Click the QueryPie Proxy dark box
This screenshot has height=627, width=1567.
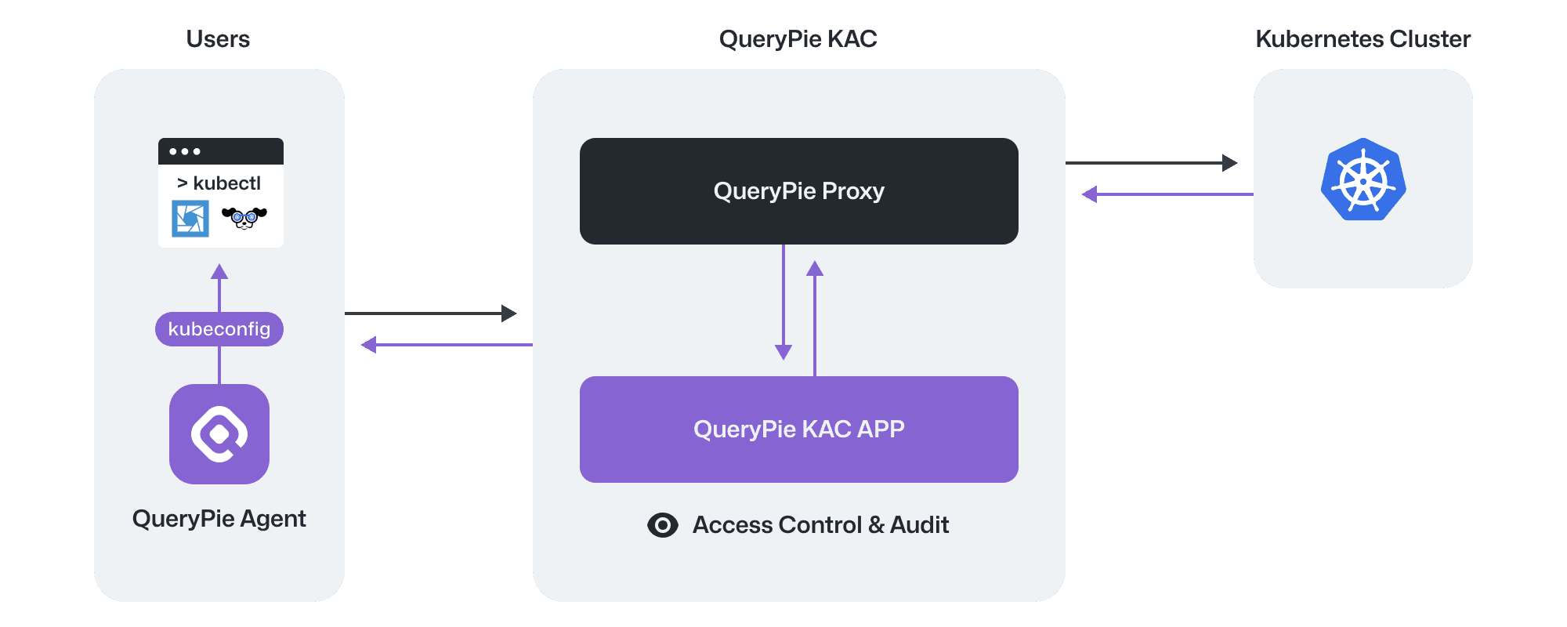pyautogui.click(x=798, y=191)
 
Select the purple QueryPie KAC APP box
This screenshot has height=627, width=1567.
pyautogui.click(x=798, y=429)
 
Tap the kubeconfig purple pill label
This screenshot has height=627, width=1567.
pyautogui.click(x=219, y=329)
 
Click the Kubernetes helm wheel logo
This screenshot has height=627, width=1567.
pyautogui.click(x=1363, y=179)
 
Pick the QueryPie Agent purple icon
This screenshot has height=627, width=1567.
pyautogui.click(x=219, y=434)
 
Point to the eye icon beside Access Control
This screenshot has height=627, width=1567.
pyautogui.click(x=663, y=525)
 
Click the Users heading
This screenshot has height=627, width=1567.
pyautogui.click(x=218, y=39)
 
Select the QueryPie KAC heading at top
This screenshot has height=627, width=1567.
pyautogui.click(x=798, y=39)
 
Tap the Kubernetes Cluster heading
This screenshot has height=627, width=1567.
pyautogui.click(x=1363, y=39)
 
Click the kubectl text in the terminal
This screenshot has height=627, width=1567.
pyautogui.click(x=226, y=183)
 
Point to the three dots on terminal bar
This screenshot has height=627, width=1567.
pyautogui.click(x=185, y=151)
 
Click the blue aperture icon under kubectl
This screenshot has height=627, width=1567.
pyautogui.click(x=190, y=218)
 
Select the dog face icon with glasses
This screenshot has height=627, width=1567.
pyautogui.click(x=244, y=218)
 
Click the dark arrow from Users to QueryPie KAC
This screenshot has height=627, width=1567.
pyautogui.click(x=431, y=313)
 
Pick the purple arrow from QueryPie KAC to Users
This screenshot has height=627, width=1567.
pyautogui.click(x=447, y=345)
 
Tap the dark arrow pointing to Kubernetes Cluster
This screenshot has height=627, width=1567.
pyautogui.click(x=1152, y=163)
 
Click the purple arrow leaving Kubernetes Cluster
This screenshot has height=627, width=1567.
pyautogui.click(x=1167, y=194)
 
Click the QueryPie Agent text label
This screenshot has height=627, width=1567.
pyautogui.click(x=219, y=519)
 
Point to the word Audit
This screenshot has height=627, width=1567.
pyautogui.click(x=919, y=525)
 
